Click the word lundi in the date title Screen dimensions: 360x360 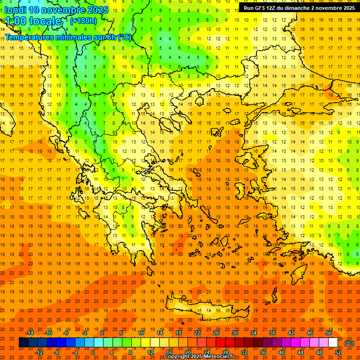point(15,10)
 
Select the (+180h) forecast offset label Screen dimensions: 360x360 point(83,21)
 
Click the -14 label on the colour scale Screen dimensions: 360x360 point(30,333)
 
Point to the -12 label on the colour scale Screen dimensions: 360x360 point(39,352)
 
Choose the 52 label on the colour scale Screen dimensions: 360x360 point(338,352)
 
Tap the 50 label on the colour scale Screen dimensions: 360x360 point(329,333)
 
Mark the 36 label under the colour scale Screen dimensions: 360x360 point(263,352)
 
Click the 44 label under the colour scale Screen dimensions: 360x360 point(300,352)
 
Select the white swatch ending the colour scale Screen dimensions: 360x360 point(333,343)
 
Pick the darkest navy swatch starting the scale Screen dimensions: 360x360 point(23,343)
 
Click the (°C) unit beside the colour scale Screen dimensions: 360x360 point(349,343)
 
